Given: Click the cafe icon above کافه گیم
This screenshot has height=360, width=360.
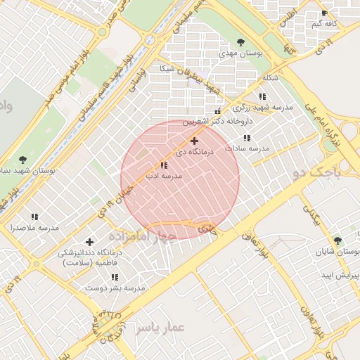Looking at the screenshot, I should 323,13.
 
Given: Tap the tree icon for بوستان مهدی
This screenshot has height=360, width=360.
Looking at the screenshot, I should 242,42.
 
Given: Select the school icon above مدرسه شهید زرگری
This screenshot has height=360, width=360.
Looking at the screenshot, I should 262,96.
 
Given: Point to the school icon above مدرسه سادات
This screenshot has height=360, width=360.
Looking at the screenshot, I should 246,139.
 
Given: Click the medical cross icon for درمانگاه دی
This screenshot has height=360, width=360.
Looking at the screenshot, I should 195,141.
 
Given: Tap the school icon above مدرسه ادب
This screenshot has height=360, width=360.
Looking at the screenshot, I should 164,165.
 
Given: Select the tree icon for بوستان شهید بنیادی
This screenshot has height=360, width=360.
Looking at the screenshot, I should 22,160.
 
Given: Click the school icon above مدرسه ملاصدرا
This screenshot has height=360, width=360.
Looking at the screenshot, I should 34,217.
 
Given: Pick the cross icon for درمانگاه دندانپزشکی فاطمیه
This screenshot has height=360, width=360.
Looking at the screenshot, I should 89,242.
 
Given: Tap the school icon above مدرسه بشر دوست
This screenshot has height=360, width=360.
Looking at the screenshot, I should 115,277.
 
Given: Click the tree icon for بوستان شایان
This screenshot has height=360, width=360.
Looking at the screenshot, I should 337,240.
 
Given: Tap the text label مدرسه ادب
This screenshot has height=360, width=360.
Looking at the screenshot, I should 164,176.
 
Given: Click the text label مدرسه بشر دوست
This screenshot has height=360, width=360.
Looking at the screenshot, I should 115,288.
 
